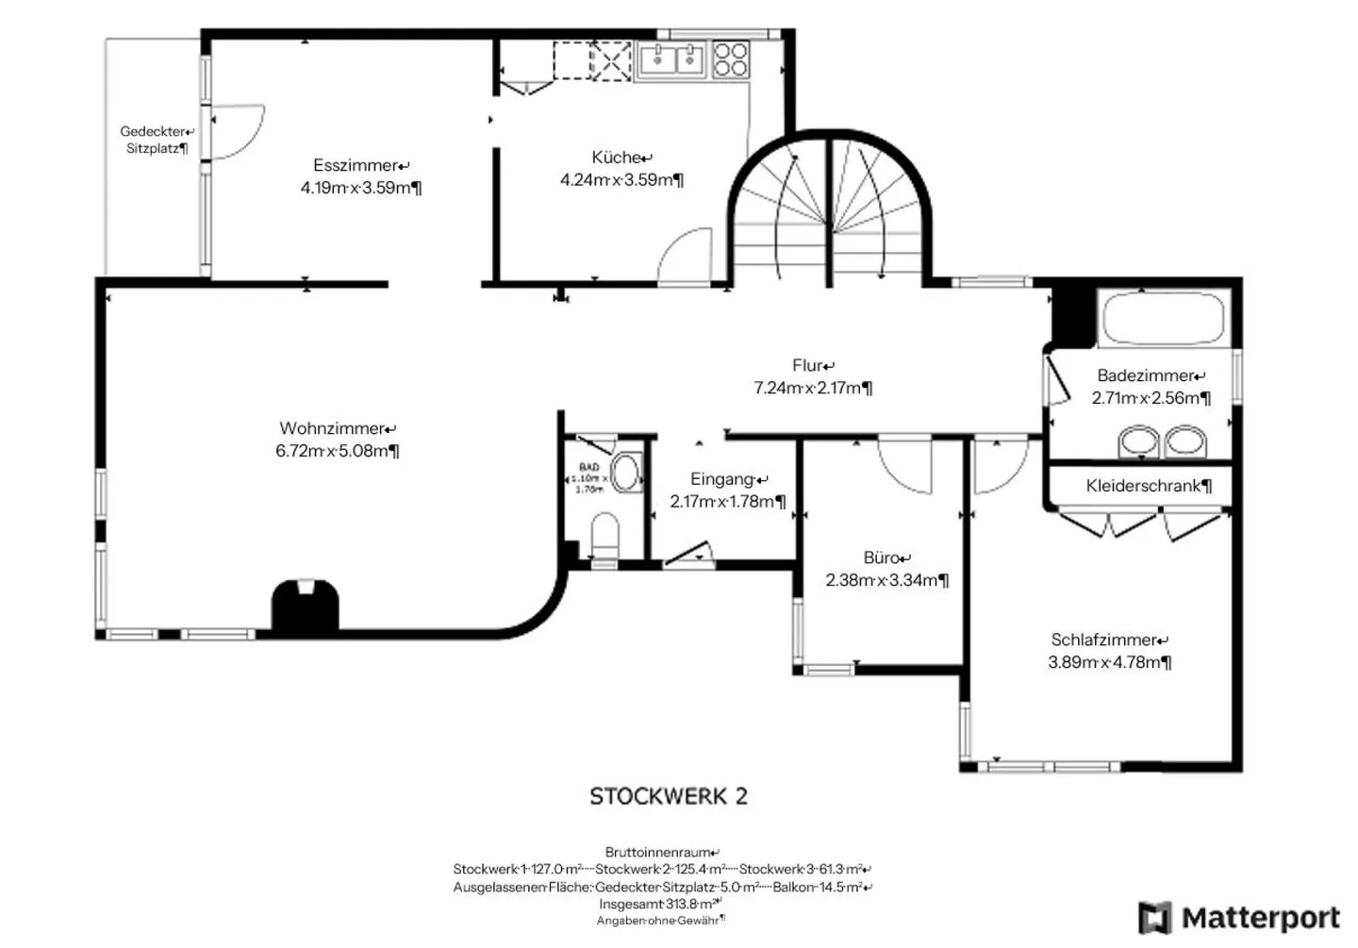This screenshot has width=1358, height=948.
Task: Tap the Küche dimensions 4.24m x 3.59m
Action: (x=621, y=180)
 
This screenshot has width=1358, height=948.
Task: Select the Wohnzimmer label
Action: (x=336, y=429)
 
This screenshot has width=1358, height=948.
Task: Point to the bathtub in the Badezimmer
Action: (x=1164, y=319)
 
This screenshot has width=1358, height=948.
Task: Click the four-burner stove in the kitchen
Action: (x=730, y=60)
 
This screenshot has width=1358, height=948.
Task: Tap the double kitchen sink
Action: (x=671, y=60)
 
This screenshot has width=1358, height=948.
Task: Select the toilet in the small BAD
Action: (x=604, y=538)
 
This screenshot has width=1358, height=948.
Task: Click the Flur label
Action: (x=812, y=366)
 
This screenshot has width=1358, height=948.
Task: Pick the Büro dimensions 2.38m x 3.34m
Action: (x=886, y=581)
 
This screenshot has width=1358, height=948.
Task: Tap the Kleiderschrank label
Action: (x=1147, y=487)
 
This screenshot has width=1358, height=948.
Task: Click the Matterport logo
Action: (x=1239, y=918)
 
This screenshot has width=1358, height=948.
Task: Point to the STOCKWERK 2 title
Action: (x=668, y=797)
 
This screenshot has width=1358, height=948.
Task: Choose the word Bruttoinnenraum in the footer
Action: (x=661, y=853)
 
